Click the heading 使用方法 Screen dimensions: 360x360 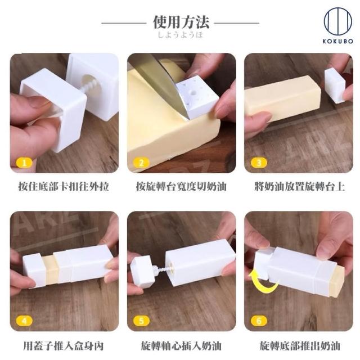[181, 22]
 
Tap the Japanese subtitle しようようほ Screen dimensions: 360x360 [181, 35]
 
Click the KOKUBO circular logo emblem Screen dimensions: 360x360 [337, 21]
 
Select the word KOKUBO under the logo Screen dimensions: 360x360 [337, 41]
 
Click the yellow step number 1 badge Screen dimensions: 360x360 [24, 163]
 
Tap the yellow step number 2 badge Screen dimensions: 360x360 [141, 163]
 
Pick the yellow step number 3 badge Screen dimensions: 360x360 [259, 163]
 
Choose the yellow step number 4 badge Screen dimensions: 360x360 [24, 321]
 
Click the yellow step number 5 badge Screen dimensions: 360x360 [141, 321]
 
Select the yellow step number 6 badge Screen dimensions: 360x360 [259, 321]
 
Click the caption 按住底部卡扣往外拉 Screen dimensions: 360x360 [64, 186]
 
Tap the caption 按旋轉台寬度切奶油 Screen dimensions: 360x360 [181, 186]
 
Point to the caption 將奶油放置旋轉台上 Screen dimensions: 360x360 [300, 186]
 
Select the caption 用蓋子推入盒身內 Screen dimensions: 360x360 [64, 346]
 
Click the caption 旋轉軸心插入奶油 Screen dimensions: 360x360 [181, 346]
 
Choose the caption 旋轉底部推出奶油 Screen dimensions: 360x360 [300, 346]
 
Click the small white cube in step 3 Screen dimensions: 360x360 [335, 85]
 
